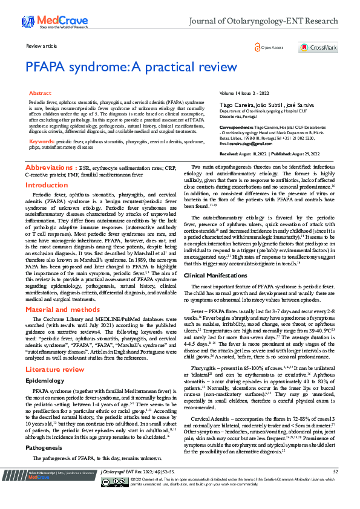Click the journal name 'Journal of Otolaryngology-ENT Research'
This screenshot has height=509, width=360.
pyautogui.click(x=264, y=22)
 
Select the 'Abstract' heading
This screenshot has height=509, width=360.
pyautogui.click(x=41, y=94)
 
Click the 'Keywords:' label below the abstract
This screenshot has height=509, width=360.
pyautogui.click(x=42, y=141)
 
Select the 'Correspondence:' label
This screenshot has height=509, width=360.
pyautogui.click(x=235, y=127)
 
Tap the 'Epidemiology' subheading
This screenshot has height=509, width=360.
pyautogui.click(x=45, y=381)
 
